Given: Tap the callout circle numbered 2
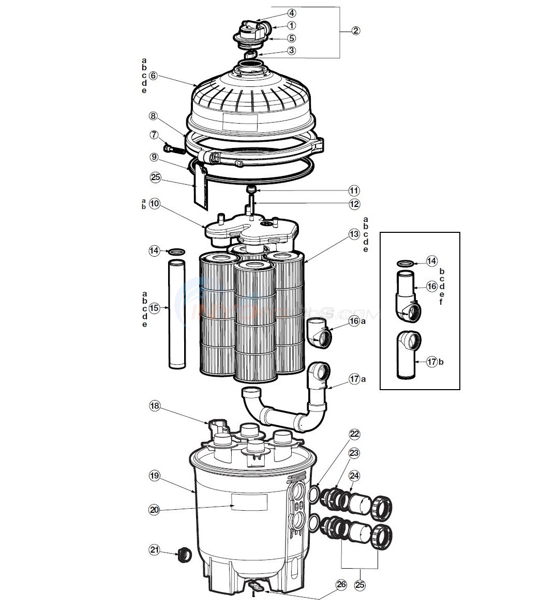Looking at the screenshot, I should [x=355, y=31].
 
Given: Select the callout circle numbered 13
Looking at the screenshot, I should [x=354, y=234].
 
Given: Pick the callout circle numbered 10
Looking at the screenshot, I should [x=154, y=204].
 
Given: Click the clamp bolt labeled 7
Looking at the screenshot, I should [x=174, y=150].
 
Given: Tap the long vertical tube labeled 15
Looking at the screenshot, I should [x=176, y=316].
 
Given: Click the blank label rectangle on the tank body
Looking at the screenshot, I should [x=249, y=501].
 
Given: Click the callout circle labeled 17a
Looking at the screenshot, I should [x=354, y=379].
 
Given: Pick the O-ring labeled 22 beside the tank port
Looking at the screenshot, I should [x=313, y=495].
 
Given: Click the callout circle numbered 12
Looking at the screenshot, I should [x=354, y=204].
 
